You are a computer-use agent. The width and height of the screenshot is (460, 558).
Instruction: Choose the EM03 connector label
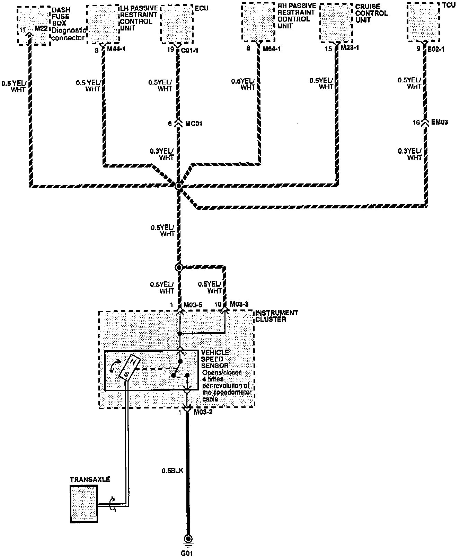(440, 122)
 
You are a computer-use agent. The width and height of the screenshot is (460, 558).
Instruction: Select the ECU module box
(177, 24)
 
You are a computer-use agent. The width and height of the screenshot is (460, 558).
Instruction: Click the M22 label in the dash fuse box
(41, 29)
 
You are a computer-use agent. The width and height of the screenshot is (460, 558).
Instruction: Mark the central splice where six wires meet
(178, 186)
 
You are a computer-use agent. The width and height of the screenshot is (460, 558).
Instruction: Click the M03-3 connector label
(239, 304)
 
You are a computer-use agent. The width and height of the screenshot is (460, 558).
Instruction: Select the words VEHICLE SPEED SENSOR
(215, 359)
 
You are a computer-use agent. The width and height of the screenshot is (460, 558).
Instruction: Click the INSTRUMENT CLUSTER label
(276, 316)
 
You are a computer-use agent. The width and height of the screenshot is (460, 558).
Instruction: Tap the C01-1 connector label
(189, 51)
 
